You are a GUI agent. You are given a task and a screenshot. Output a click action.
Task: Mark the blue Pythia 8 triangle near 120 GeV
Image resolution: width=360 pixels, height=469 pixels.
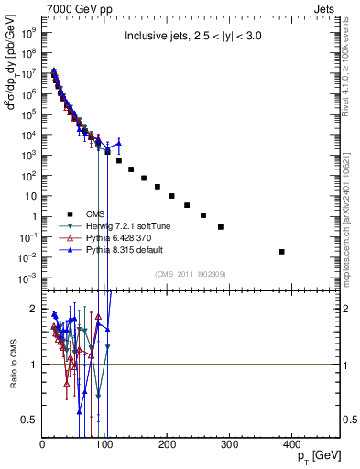point(117,143)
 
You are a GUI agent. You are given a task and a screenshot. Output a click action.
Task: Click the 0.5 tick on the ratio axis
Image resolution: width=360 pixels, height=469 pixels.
point(30,420)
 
